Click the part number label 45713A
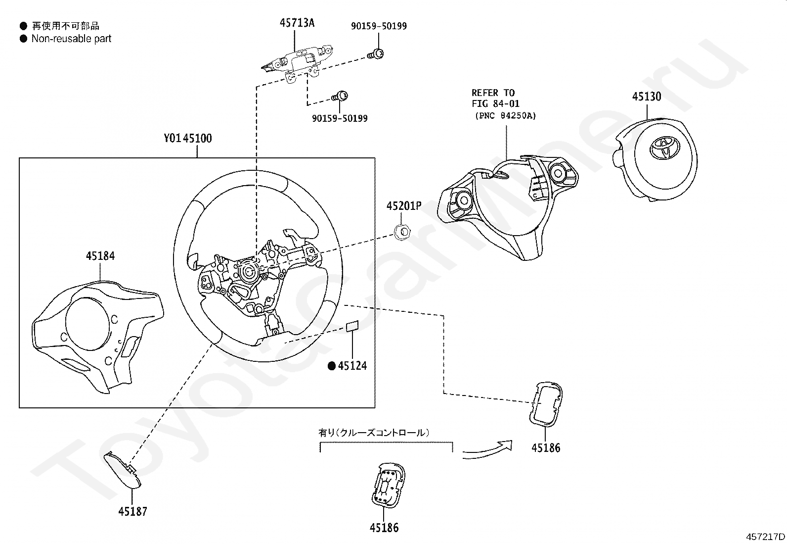[297, 23]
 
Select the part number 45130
[647, 97]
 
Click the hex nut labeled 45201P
[402, 232]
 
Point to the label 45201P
[404, 206]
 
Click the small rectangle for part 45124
[352, 326]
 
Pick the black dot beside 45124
[332, 366]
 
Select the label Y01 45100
[188, 138]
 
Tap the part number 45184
[100, 256]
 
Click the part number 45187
[132, 511]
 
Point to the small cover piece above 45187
[123, 470]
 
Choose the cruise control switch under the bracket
[388, 485]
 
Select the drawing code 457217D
[765, 537]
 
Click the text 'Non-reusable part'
[71, 39]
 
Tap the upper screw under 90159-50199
[376, 54]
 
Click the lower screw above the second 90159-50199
[340, 96]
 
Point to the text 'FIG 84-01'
[495, 104]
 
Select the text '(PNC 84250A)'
[506, 116]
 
